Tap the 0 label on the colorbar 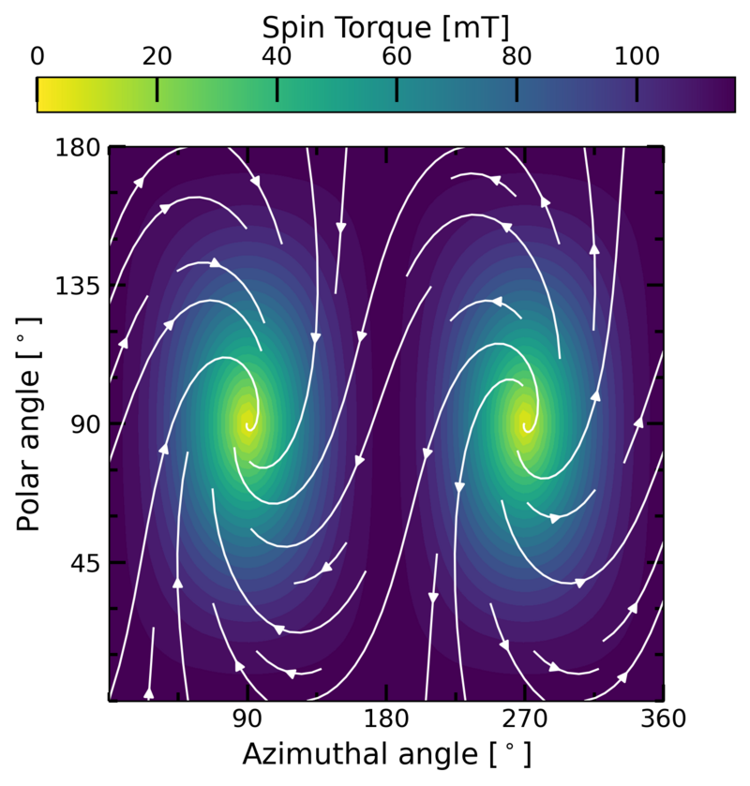coord(37,56)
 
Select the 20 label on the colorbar coord(157,56)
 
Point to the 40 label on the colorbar coord(277,56)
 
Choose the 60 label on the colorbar coord(397,56)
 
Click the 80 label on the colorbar coord(517,56)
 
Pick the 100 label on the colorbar coord(637,56)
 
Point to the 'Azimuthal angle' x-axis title coord(385,754)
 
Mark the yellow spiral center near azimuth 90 coord(247,424)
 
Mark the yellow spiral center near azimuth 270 coord(525,424)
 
